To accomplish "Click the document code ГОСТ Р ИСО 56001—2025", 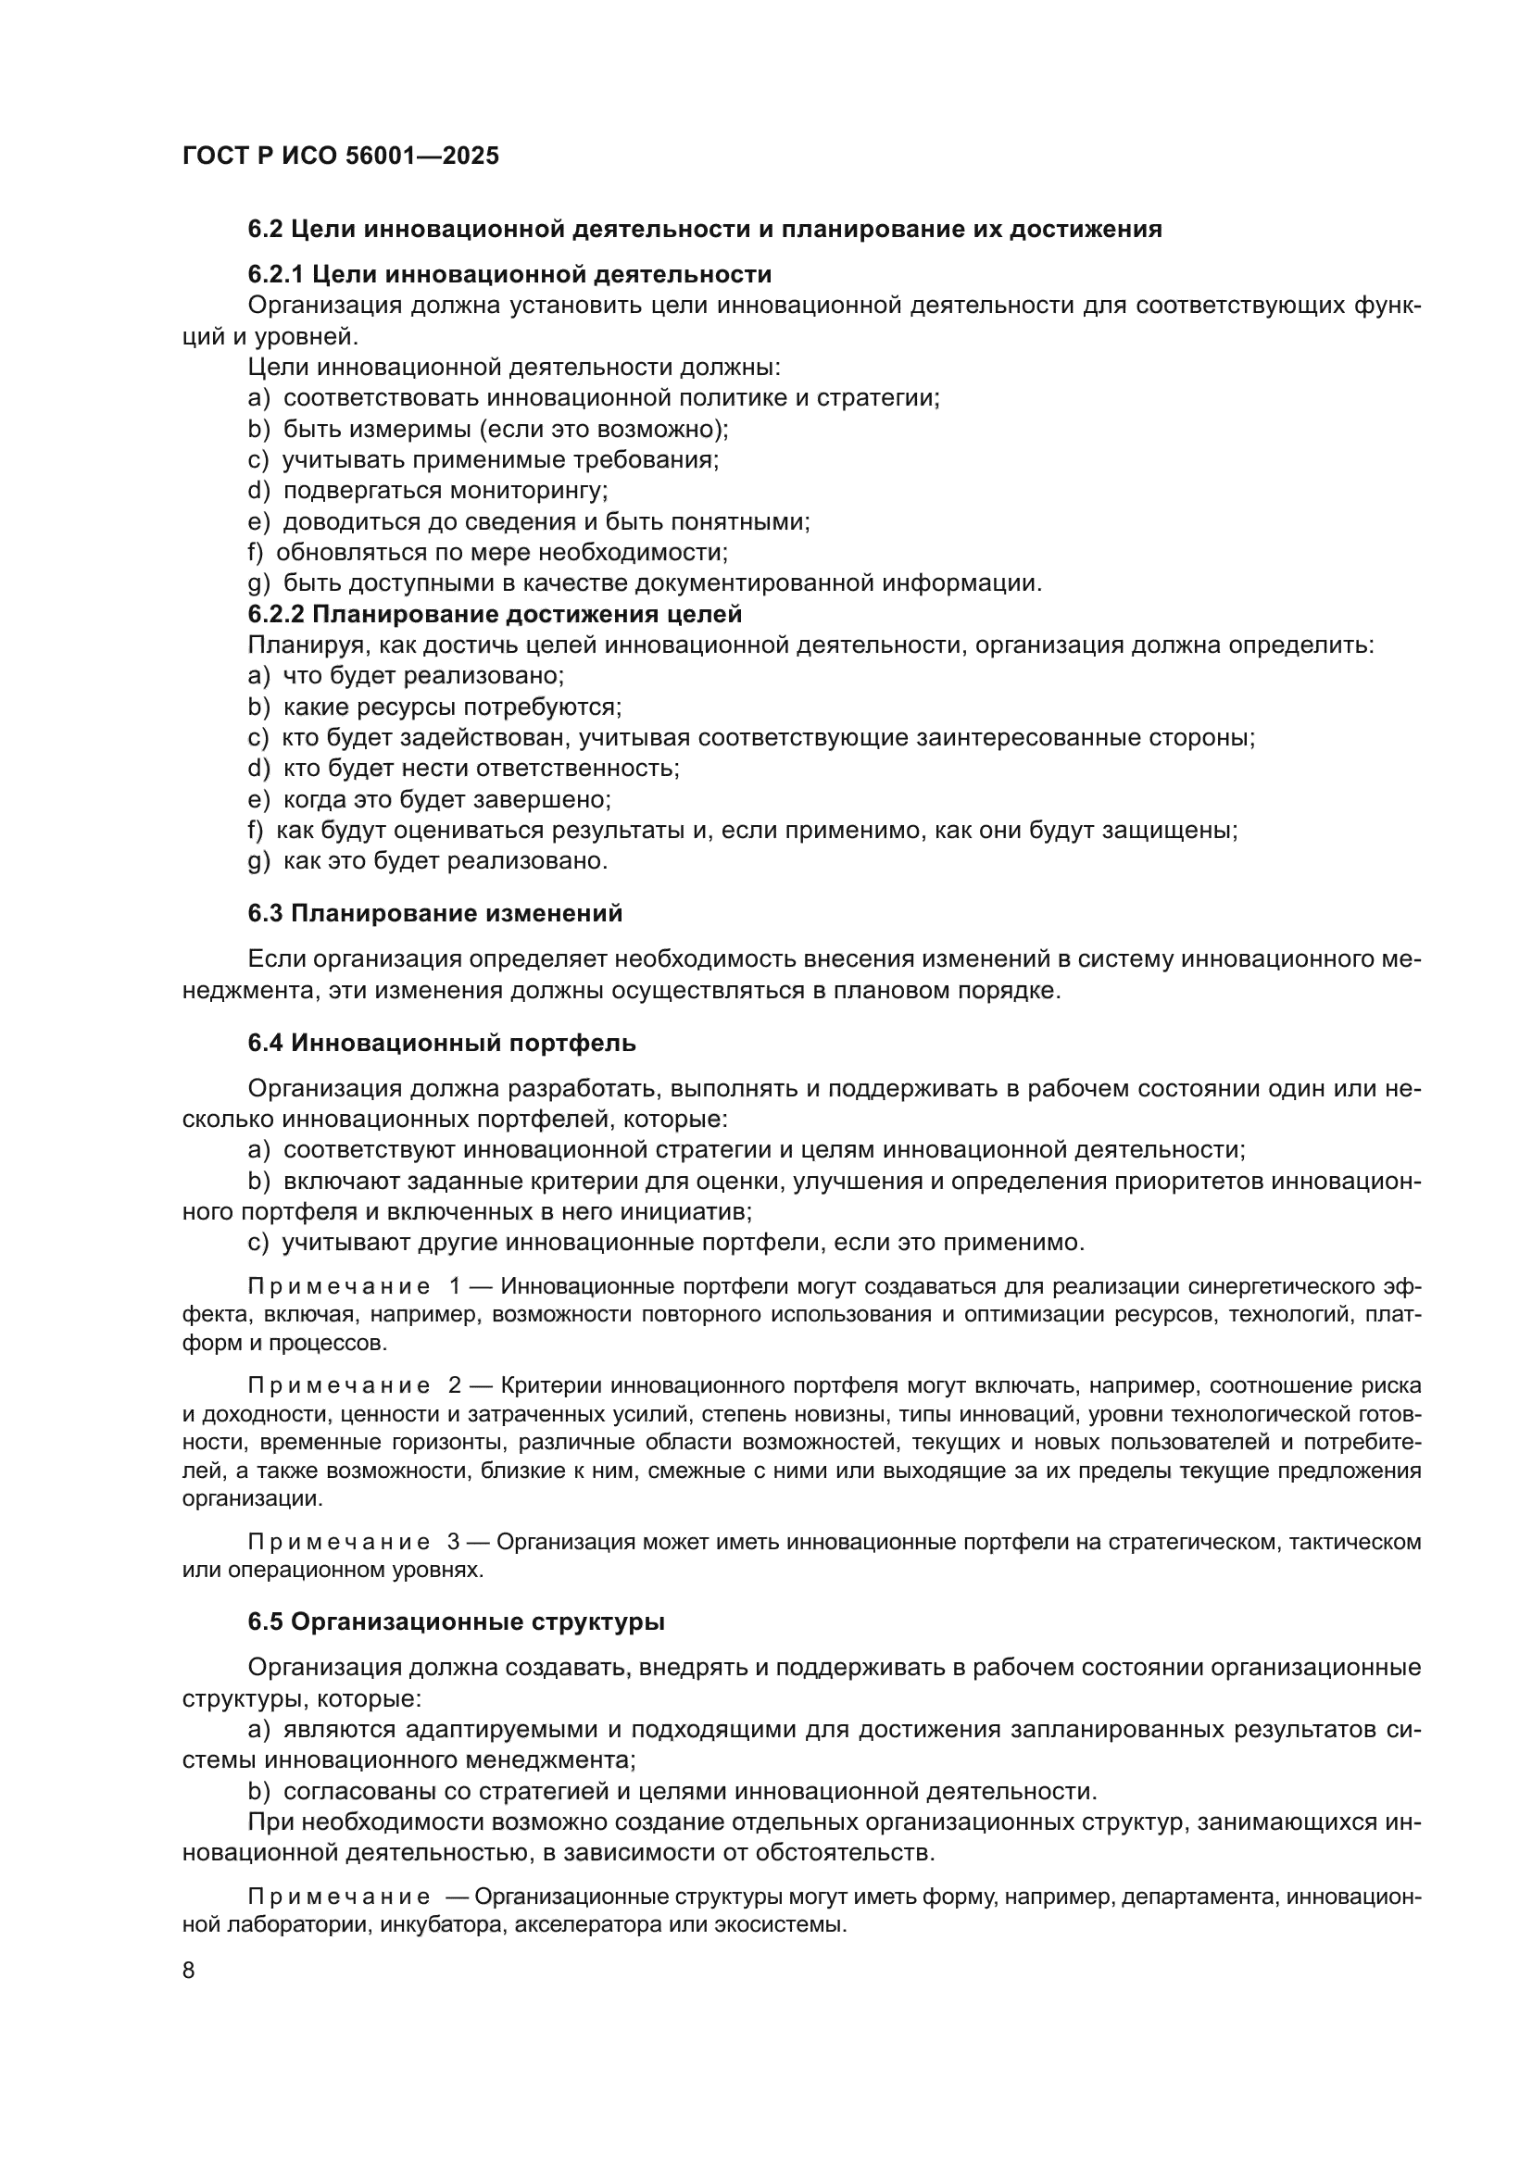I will (x=341, y=156).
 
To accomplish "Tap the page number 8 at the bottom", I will (x=189, y=1971).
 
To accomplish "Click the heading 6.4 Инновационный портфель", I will (x=442, y=1043).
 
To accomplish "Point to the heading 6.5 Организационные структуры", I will (x=456, y=1621).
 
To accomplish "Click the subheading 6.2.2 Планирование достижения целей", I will (x=495, y=614).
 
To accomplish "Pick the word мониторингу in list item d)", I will (x=527, y=491).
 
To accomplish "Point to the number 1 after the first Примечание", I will (x=456, y=1287).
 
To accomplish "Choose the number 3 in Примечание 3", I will (x=454, y=1542).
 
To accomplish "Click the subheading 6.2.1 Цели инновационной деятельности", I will (x=509, y=274).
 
